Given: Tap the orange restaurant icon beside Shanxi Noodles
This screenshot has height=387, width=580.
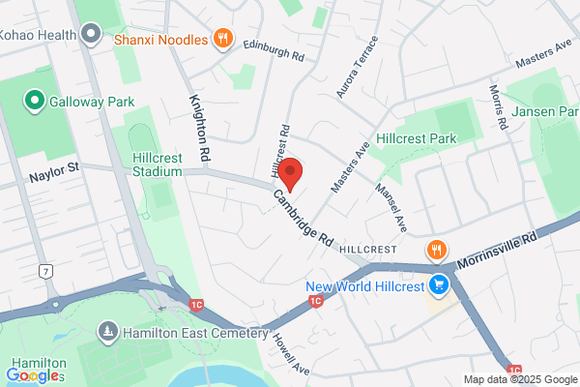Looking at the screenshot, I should coord(224,39).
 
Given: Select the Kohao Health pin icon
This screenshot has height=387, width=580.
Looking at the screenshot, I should coord(92,36).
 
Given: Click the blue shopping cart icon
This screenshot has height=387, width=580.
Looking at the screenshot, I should coord(440,284).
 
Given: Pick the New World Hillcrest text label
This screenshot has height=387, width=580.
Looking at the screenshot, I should coord(366,286).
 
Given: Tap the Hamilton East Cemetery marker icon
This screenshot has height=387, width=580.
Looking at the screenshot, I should coord(106,333).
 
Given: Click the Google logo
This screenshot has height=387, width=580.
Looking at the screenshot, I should coord(33,374).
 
